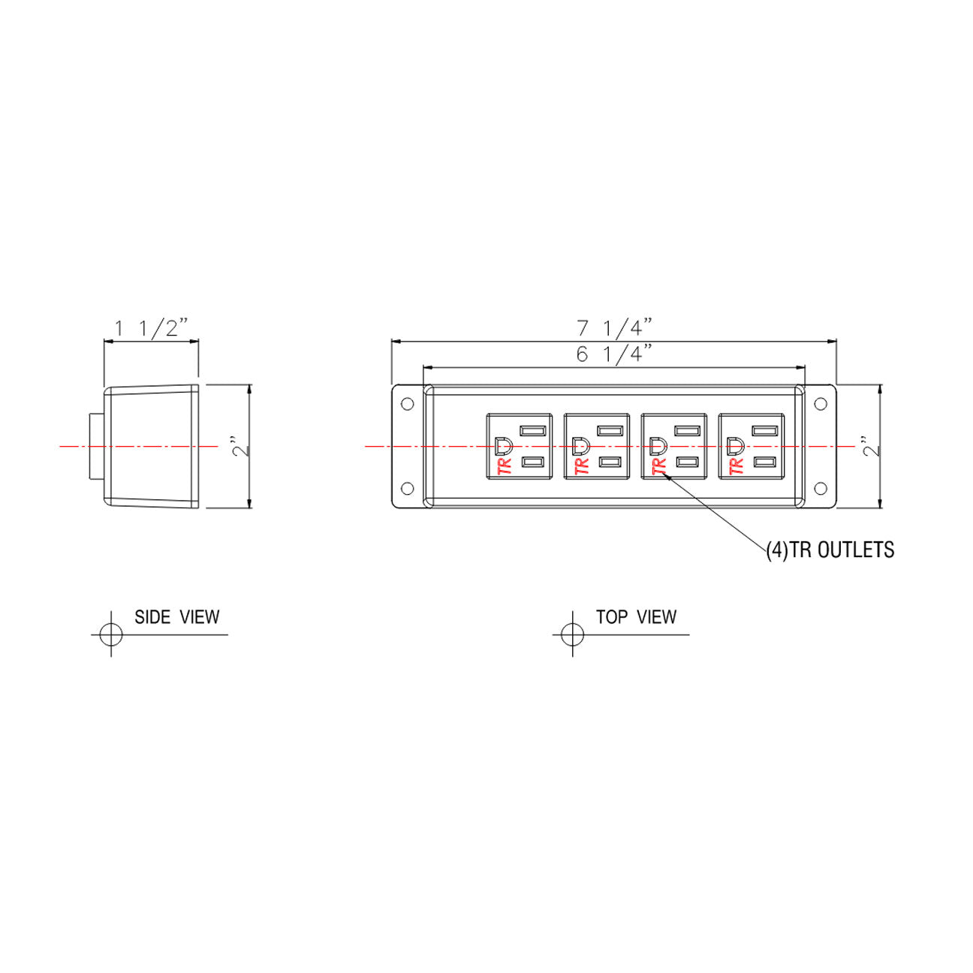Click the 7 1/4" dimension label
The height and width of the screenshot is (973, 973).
click(x=614, y=327)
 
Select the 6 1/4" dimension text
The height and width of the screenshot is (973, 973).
click(x=614, y=354)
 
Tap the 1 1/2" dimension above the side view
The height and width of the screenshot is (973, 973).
click(x=152, y=327)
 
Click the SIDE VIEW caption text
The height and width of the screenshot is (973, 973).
click(x=176, y=616)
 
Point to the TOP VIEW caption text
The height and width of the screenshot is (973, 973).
click(x=636, y=616)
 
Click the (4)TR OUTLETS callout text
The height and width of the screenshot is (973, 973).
click(x=830, y=550)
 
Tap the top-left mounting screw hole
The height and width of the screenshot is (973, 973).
click(x=407, y=404)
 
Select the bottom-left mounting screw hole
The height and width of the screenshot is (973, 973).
click(x=407, y=488)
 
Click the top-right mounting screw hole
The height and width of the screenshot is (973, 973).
click(x=821, y=404)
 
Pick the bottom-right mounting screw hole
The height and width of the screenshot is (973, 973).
click(x=821, y=488)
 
